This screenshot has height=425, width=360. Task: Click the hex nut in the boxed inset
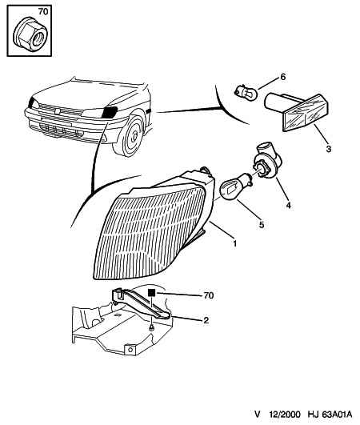[x=30, y=34]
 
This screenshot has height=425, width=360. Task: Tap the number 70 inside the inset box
[x=42, y=12]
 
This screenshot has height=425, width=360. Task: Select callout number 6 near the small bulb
[x=282, y=77]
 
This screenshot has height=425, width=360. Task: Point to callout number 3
[x=328, y=149]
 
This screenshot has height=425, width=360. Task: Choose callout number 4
[x=289, y=205]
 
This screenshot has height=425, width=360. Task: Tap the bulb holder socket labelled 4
[x=267, y=160]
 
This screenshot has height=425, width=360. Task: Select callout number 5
[x=262, y=224]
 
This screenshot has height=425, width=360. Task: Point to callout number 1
[x=234, y=243]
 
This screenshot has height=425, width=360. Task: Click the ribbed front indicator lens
[x=152, y=232]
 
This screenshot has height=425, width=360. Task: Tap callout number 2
[x=206, y=320]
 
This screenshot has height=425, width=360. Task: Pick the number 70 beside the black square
[x=208, y=295]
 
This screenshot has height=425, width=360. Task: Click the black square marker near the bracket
[x=151, y=292]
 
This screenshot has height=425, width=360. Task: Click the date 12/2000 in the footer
[x=285, y=414]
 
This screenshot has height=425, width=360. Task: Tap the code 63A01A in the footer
[x=337, y=414]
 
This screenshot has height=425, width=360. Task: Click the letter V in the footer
[x=258, y=415]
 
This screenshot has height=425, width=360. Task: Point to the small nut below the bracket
[x=152, y=328]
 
